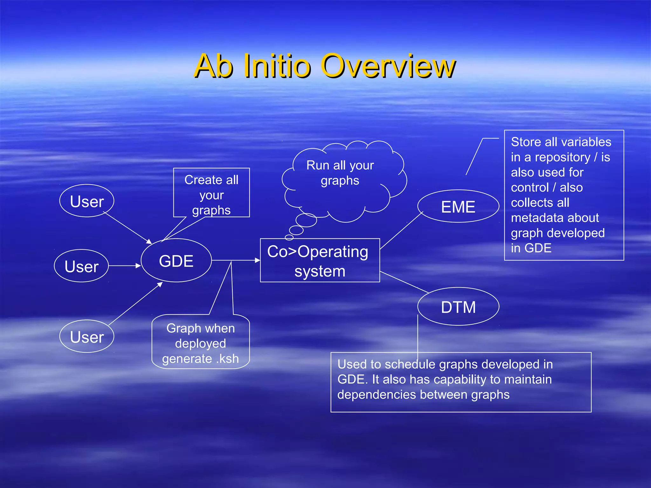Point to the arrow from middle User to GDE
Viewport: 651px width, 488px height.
pyautogui.click(x=125, y=266)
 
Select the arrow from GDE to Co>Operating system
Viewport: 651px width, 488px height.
pyautogui.click(x=236, y=260)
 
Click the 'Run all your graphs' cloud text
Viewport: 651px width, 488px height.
pyautogui.click(x=340, y=173)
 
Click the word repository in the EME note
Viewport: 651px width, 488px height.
pyautogui.click(x=562, y=157)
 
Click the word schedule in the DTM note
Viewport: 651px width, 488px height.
pyautogui.click(x=409, y=364)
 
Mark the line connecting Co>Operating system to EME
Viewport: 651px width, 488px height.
pyautogui.click(x=402, y=230)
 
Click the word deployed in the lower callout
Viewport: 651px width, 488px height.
pyautogui.click(x=201, y=344)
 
